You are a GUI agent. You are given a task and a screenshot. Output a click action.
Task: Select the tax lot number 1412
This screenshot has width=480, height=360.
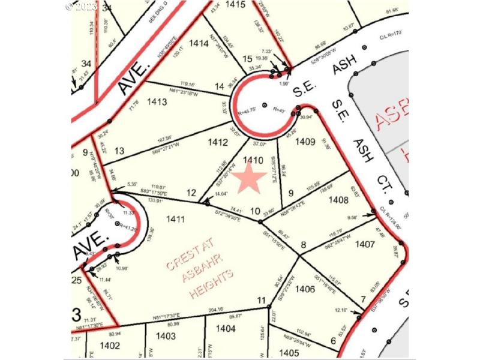[218, 142]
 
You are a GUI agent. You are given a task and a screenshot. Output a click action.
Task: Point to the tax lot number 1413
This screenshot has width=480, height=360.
[156, 102]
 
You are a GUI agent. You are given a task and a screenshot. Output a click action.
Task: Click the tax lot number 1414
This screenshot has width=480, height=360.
[198, 43]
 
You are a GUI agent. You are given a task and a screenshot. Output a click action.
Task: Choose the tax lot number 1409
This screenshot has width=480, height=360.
[305, 142]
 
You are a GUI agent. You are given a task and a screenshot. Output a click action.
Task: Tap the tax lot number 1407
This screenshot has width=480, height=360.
[365, 244]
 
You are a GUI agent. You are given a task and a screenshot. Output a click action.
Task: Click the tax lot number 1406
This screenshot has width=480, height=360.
[305, 289]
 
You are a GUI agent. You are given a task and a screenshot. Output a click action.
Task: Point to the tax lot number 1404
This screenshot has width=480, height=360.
[226, 328]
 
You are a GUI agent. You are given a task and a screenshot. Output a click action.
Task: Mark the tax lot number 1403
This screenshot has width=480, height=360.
[166, 337]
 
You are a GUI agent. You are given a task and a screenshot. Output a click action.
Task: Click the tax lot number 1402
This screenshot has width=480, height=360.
[110, 345]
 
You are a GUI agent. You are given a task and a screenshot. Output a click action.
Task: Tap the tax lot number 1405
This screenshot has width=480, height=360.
[289, 352]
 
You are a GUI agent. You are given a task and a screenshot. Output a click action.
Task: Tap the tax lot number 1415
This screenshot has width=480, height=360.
[236, 5]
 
